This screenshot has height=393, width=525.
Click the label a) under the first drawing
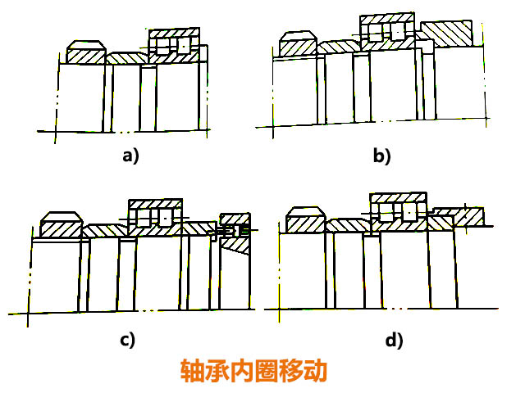130,156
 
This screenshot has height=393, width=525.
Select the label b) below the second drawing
381,156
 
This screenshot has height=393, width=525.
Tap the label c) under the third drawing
127,338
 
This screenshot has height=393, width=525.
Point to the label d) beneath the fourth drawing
395,338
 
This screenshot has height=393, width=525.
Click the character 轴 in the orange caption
194,371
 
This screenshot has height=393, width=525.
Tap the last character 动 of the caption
314,371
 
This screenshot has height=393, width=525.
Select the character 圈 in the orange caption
267,371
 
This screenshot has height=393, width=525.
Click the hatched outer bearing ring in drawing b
386,18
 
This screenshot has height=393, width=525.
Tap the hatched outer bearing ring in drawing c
155,203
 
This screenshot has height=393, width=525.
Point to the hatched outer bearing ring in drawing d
399,197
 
